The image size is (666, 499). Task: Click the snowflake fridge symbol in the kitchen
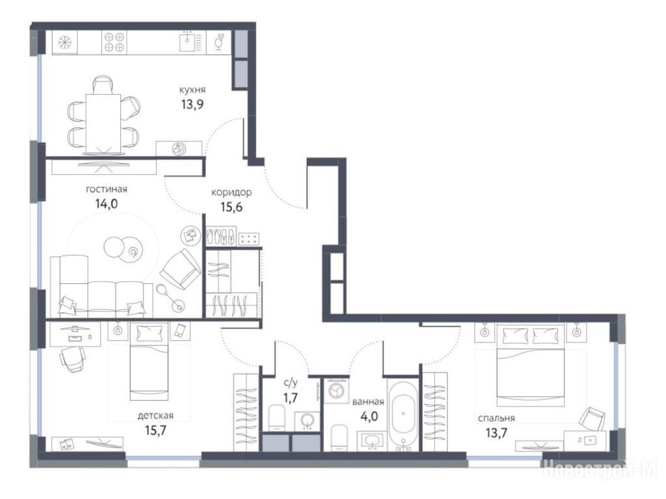[64, 42]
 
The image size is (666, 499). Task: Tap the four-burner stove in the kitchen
[114, 42]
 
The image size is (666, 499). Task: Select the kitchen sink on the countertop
[189, 42]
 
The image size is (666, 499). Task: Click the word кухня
[193, 90]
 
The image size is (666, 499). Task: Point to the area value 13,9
[193, 105]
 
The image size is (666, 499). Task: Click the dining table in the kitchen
[103, 123]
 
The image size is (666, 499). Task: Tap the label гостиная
[107, 189]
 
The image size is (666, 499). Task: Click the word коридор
[232, 192]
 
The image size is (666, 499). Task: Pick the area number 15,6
[232, 207]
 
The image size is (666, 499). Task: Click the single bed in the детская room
[149, 361]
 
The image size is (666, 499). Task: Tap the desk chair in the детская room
[72, 359]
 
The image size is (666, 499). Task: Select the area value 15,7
[155, 431]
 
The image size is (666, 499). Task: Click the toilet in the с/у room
[277, 418]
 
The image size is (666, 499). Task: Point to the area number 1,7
[291, 398]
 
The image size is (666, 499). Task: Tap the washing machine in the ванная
[336, 391]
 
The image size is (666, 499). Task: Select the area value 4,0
[369, 416]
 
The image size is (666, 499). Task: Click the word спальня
[496, 418]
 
